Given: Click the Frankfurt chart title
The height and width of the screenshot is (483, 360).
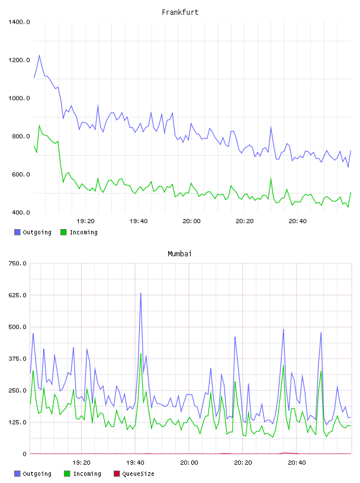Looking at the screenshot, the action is [x=180, y=12].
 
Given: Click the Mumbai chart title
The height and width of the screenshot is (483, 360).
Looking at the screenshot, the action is [x=179, y=254].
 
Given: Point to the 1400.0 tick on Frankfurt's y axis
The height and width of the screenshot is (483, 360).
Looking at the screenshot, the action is [x=19, y=22].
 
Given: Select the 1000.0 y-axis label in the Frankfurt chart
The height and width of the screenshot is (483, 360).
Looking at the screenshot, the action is [x=19, y=98].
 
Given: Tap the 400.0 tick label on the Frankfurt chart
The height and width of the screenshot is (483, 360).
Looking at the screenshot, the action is [x=21, y=212].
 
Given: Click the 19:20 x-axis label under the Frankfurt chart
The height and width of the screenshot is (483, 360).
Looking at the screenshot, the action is [x=85, y=221].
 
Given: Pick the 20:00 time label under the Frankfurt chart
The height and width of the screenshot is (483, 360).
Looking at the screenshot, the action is [x=191, y=221].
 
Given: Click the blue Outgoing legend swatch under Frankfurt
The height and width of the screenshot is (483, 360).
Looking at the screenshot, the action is [x=17, y=232].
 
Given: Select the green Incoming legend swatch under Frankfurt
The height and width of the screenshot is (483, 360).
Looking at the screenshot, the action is [x=63, y=232].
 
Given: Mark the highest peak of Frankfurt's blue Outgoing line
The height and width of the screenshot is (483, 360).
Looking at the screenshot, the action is [x=39, y=55].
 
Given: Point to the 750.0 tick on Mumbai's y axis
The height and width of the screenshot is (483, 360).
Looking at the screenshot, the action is [x=18, y=263].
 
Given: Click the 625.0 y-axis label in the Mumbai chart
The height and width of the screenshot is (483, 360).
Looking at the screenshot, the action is [x=18, y=295].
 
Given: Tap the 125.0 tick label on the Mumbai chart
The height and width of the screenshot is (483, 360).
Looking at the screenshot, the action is [x=18, y=422].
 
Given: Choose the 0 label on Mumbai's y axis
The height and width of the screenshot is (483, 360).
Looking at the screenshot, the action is [x=25, y=454].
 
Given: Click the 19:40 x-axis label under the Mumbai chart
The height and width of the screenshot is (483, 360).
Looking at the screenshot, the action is [x=136, y=463].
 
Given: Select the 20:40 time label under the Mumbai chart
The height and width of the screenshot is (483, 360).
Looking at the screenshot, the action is [x=297, y=463].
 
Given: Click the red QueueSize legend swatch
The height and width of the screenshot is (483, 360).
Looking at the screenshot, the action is [x=117, y=474].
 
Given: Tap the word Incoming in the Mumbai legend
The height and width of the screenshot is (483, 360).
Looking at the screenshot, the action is [x=87, y=474].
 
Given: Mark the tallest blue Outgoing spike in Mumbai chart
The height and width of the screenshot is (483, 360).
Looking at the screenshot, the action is [x=141, y=293].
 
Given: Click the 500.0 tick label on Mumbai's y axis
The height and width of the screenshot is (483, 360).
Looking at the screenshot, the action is [x=18, y=327].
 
